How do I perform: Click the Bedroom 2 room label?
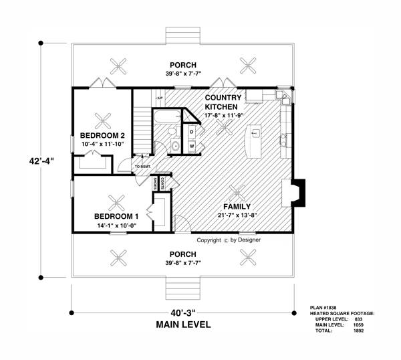pos(102,135)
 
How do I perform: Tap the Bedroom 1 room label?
pos(116,216)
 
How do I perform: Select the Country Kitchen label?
pos(223,102)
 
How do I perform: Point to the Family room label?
pos(237,206)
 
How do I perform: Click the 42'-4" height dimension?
pos(41,161)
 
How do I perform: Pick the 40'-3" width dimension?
pos(183,312)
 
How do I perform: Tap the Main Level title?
pos(183,325)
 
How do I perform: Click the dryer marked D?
pos(192,132)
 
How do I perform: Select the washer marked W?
pos(192,146)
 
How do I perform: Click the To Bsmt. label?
pos(143,167)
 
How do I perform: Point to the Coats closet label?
pos(162,183)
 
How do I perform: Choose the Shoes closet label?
pos(155,183)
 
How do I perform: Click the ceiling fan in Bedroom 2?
pos(103,121)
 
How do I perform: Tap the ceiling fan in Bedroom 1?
pos(116,203)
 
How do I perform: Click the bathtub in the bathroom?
pos(167,116)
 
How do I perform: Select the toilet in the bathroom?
pos(172,131)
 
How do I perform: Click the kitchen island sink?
pos(255,133)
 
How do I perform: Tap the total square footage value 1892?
pos(358,331)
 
